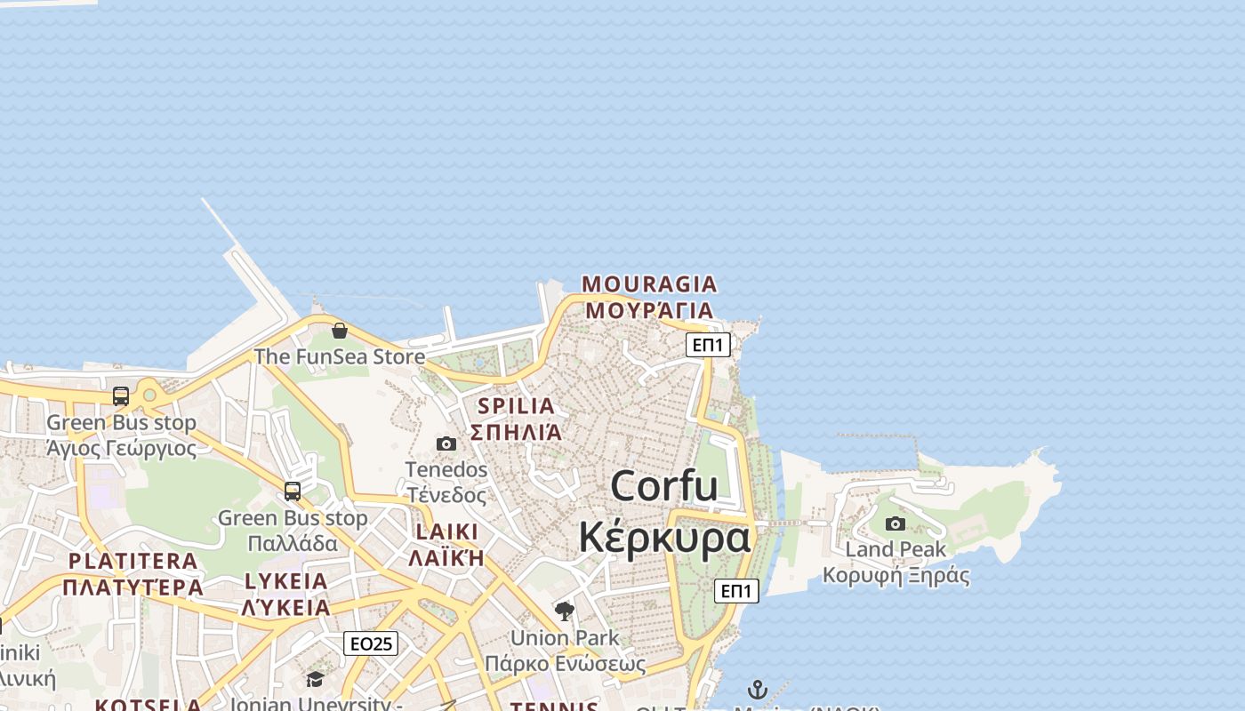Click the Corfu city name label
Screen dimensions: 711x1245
coord(664,486)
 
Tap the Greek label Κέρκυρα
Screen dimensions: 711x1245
coord(664,538)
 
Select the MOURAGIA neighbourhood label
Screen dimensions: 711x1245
coord(649,284)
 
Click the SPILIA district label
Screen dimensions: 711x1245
coord(517,406)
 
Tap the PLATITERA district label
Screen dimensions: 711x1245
coord(133,562)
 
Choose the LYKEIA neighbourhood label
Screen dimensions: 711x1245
coord(286,582)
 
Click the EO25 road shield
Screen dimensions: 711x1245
coord(371,643)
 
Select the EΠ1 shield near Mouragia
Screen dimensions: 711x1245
coord(708,345)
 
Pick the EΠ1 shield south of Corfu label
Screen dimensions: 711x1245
coord(736,591)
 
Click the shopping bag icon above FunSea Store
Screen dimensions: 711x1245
coord(339,332)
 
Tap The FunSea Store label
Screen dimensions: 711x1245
coord(340,356)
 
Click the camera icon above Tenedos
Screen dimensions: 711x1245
coord(446,443)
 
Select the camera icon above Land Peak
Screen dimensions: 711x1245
coord(896,524)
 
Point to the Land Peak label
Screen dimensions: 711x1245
coord(896,549)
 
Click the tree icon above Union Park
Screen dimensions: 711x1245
coord(564,611)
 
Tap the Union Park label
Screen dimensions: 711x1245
coord(565,638)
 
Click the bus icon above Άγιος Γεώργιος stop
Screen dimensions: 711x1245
coord(121,396)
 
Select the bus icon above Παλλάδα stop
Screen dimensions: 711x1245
coord(293,491)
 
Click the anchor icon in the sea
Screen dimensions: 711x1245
coord(757,690)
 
